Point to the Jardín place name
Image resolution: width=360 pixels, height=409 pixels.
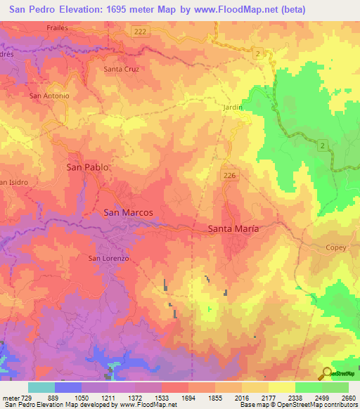pyautogui.click(x=231, y=108)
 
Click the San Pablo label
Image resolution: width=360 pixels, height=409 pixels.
pyautogui.click(x=87, y=167)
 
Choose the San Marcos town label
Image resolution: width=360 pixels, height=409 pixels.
pyautogui.click(x=128, y=212)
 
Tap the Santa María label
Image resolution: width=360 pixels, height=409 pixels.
pyautogui.click(x=233, y=229)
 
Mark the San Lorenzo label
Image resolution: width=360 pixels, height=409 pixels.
pyautogui.click(x=108, y=258)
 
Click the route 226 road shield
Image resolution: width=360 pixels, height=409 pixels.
pyautogui.click(x=227, y=174)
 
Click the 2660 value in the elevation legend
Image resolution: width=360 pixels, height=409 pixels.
pyautogui.click(x=349, y=398)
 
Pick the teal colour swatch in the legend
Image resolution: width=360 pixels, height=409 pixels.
pyautogui.click(x=41, y=387)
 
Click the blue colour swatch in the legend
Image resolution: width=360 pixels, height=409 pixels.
pyautogui.click(x=68, y=387)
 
